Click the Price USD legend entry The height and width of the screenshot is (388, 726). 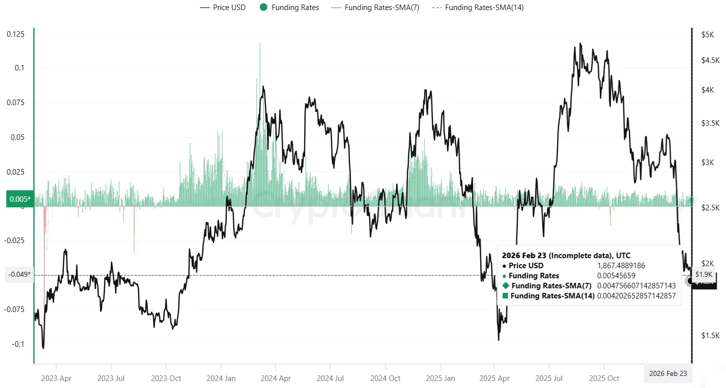[x=223, y=8]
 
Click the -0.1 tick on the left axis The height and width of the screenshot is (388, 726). [x=19, y=344]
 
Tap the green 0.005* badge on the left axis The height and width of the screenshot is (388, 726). [x=20, y=199]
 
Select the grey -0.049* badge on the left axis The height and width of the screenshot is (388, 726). [x=19, y=275]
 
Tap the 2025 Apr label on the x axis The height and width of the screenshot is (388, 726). [x=495, y=378]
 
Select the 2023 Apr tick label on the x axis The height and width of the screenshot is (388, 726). [x=56, y=378]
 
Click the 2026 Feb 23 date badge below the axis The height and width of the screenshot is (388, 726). [x=668, y=373]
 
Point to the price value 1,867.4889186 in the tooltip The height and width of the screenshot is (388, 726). [x=620, y=266]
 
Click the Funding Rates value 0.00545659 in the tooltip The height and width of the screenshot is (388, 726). [x=616, y=276]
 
